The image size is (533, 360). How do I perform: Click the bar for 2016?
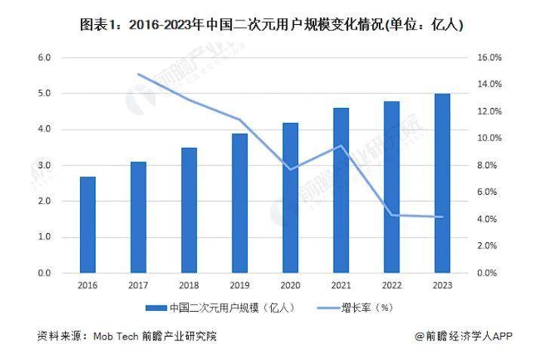tap(88, 225)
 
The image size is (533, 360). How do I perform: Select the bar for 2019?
tap(239, 203)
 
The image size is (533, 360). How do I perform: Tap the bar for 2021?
tap(340, 190)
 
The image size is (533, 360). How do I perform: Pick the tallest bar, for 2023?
tap(442, 183)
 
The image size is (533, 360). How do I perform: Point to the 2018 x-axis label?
tap(189, 285)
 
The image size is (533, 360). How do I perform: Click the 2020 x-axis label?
tap(290, 285)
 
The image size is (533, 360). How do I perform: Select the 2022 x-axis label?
tap(391, 285)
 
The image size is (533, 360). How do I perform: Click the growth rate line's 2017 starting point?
tap(139, 74)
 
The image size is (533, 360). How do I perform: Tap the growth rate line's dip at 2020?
tap(291, 169)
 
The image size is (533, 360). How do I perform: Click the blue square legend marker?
tap(156, 308)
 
